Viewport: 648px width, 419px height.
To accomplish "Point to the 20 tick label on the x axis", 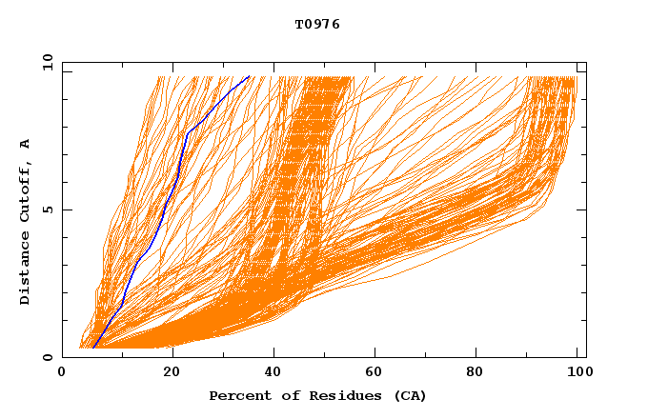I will point(172,372).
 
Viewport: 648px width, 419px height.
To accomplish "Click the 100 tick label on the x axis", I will point(577,372).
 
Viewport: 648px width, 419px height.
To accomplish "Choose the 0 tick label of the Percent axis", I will point(63,372).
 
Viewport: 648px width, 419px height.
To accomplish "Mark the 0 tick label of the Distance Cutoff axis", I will point(47,357).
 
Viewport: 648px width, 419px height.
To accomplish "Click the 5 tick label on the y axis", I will point(47,209).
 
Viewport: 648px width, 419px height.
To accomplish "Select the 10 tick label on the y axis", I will point(47,62).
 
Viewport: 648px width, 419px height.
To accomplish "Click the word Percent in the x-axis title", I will point(235,396).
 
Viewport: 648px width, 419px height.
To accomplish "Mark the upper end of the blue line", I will point(249,76).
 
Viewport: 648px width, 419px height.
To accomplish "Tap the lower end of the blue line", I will point(93,348).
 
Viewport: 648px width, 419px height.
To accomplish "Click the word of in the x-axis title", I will point(280,396).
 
